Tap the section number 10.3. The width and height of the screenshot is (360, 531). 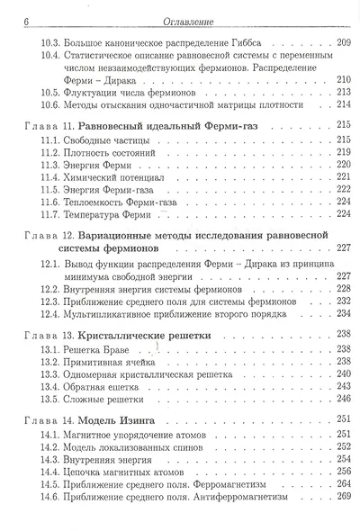tap(52, 43)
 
